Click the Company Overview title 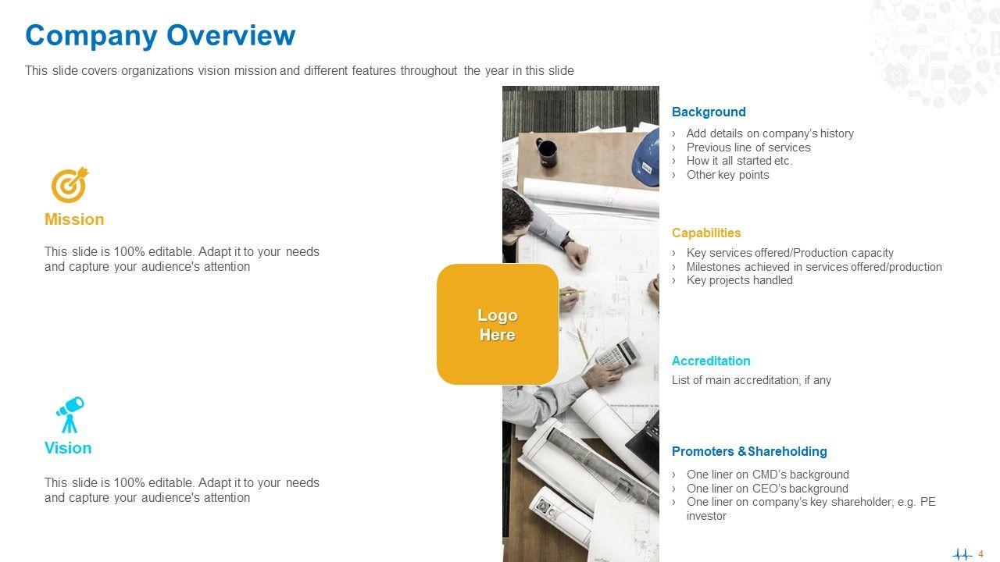160,36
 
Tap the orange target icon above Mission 70,185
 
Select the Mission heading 74,219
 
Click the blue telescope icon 70,414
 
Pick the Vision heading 68,448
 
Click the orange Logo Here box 498,324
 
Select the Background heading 709,112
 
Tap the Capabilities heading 705,233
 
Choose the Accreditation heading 711,361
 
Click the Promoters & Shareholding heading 749,451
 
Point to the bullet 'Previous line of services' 748,148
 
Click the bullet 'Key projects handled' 739,280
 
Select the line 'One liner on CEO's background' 767,489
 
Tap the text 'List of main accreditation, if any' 752,380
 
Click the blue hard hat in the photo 646,157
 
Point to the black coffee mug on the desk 546,152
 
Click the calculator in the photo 618,352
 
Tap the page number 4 980,554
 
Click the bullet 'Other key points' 727,175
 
